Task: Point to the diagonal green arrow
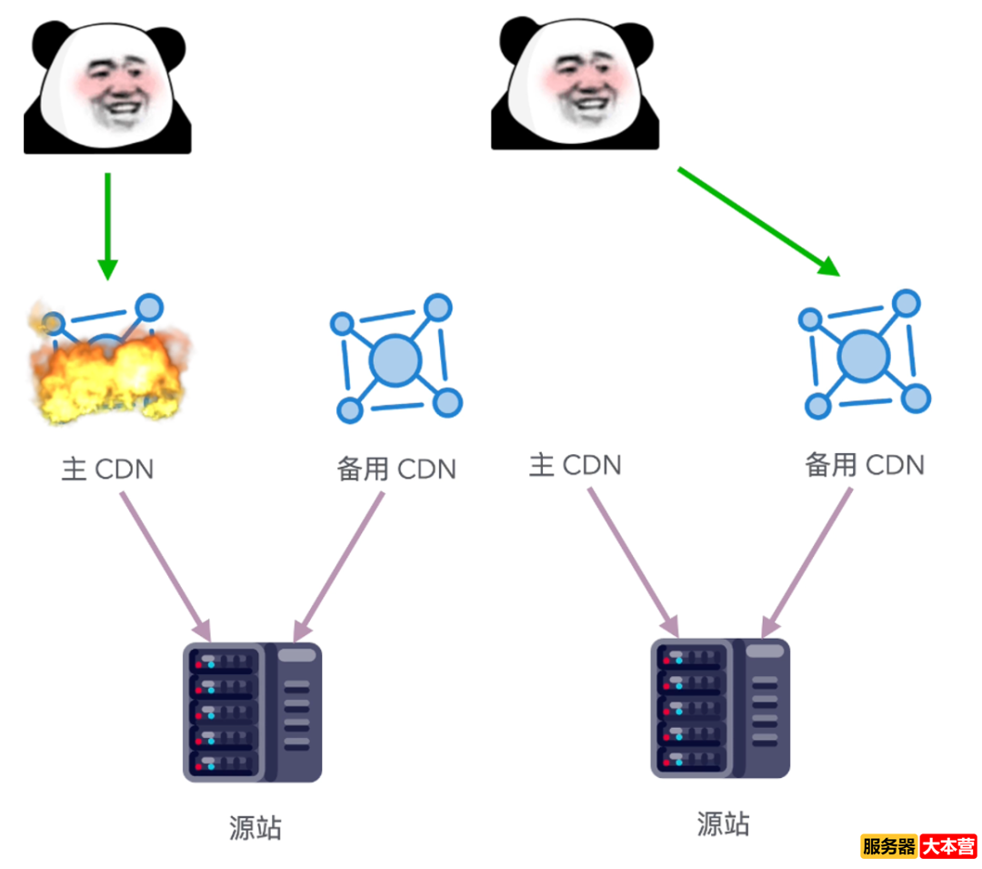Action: pos(757,220)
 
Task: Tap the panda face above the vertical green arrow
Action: pos(107,86)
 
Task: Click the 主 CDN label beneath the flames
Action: pos(107,470)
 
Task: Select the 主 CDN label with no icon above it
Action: pos(575,466)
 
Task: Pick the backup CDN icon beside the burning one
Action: pos(396,359)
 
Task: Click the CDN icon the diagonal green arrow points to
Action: pos(864,355)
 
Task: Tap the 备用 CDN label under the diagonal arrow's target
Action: pos(864,465)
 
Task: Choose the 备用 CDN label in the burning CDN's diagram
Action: pos(396,470)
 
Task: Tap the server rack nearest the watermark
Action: pos(719,707)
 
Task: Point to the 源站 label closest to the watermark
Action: pos(723,824)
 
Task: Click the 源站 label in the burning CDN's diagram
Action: pos(256,828)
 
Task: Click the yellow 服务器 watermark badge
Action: pos(888,847)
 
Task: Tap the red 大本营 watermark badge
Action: pos(947,847)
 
